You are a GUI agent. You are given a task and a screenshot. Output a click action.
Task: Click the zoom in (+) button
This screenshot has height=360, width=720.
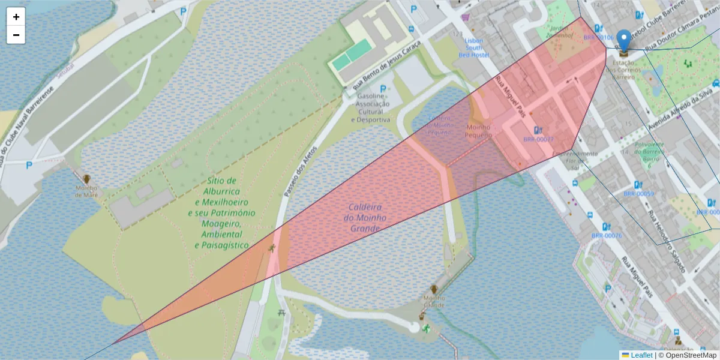coord(16,17)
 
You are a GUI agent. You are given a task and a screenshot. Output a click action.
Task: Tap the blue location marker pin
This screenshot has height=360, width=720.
coord(624,41)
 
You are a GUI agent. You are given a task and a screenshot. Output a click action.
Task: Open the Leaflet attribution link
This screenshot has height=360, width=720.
coord(641,355)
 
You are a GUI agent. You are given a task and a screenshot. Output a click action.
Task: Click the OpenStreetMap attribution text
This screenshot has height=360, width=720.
coord(688,355)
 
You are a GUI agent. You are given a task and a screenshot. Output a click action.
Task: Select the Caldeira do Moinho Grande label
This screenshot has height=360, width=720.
coord(365,218)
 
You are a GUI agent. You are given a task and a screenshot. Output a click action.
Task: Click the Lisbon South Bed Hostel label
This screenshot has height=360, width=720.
coord(474,47)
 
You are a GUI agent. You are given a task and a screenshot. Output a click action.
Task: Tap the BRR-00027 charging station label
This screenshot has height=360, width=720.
coord(538,139)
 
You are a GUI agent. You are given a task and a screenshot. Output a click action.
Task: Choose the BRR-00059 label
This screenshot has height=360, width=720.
coord(638,194)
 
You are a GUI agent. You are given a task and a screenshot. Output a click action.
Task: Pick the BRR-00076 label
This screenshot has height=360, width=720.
coord(606,236)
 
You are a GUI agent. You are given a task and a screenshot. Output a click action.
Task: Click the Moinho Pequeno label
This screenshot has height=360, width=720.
coord(478,131)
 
